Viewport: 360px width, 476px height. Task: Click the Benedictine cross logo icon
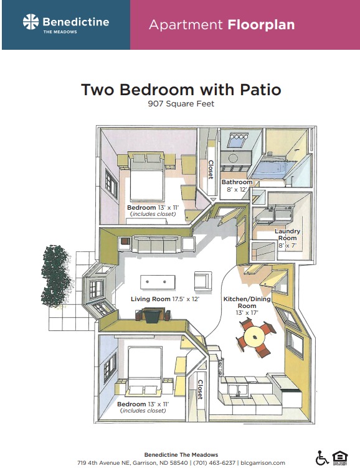pos(31,22)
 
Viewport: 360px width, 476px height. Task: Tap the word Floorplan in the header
pos(261,25)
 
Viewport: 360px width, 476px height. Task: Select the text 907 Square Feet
pos(181,104)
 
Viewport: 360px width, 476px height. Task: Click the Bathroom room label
pos(237,182)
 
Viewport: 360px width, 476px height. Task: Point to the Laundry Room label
pos(287,235)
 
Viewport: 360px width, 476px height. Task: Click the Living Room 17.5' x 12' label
pos(165,299)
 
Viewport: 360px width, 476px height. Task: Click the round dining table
pos(255,337)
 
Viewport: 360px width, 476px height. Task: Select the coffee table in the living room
pos(158,282)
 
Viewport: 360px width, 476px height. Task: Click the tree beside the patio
pos(56,276)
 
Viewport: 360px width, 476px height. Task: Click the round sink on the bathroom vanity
pos(233,158)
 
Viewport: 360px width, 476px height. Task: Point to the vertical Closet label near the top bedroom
pos(211,169)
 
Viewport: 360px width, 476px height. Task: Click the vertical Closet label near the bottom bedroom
pos(200,389)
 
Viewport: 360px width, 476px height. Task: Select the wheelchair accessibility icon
pos(322,458)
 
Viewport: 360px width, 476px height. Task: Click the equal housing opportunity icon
pos(340,458)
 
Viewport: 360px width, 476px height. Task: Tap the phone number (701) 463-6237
pos(214,463)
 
